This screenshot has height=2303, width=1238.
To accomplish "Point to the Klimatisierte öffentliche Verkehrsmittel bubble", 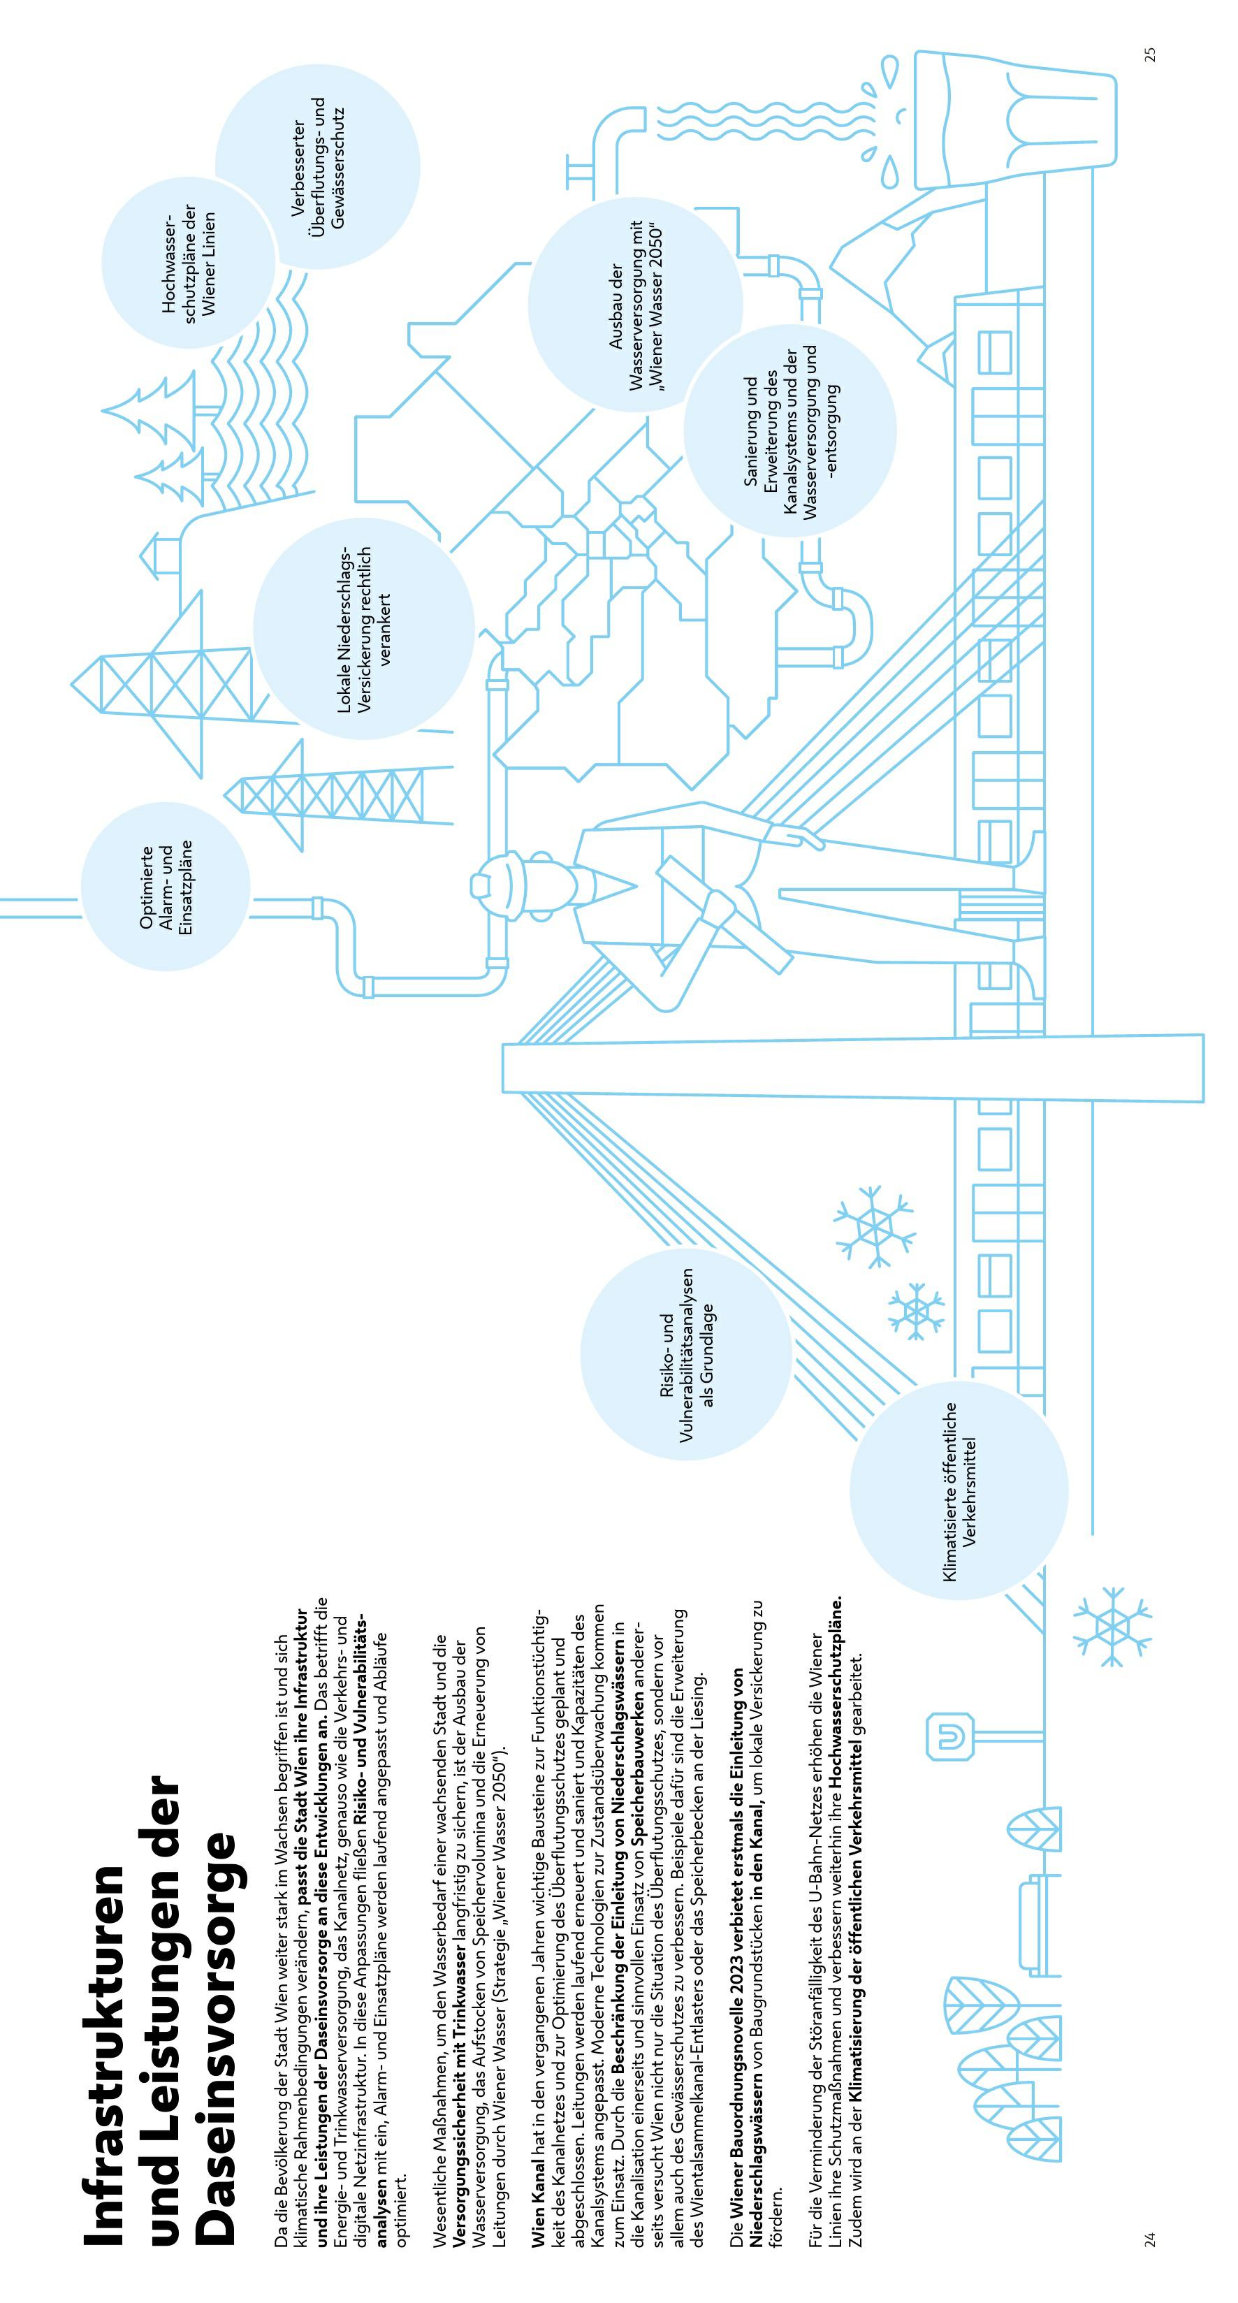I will [959, 1488].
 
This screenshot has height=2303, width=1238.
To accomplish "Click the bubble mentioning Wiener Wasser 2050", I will [634, 304].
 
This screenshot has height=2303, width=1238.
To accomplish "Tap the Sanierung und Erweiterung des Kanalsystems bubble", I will [789, 430].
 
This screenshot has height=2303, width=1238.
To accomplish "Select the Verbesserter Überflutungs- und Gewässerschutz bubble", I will [317, 166].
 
